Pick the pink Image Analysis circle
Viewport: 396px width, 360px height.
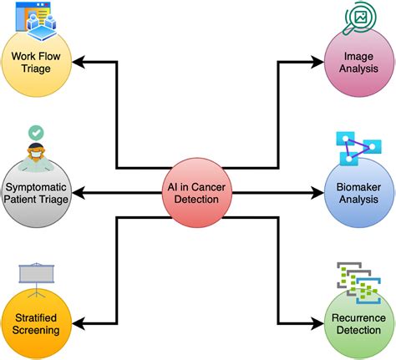(358, 63)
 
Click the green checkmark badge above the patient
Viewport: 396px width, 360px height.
(36, 132)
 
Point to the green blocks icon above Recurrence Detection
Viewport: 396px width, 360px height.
(355, 280)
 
